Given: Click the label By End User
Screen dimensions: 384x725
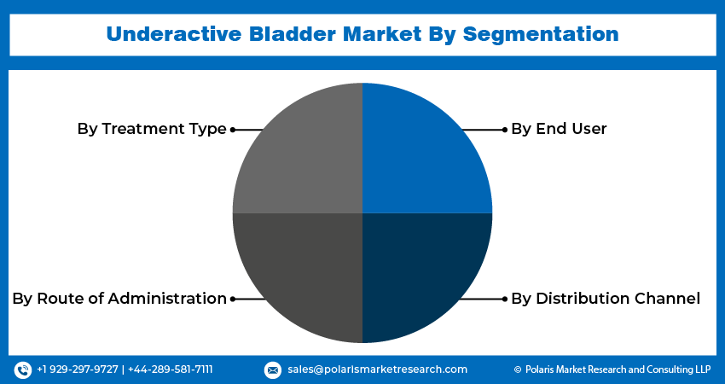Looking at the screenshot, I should (x=559, y=129).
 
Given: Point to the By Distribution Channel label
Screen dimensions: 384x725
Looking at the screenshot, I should (x=606, y=299).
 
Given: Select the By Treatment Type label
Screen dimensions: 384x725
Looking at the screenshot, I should (x=152, y=129).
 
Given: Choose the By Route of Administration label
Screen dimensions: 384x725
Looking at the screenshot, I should (x=119, y=299).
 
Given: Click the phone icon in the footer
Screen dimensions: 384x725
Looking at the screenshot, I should (x=23, y=369).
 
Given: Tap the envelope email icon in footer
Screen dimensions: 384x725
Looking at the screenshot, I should (x=272, y=369).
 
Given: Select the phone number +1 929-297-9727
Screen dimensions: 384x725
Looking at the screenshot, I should (x=77, y=369).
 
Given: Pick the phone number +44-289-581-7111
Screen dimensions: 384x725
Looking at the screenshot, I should (x=170, y=369).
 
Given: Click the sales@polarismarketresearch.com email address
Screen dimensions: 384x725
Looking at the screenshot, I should (x=377, y=369).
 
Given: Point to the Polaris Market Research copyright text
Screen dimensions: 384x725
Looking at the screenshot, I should (x=612, y=369).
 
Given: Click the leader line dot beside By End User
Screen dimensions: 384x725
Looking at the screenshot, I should (x=504, y=130).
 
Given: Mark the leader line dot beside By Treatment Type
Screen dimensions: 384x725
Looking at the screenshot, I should (x=233, y=130).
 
